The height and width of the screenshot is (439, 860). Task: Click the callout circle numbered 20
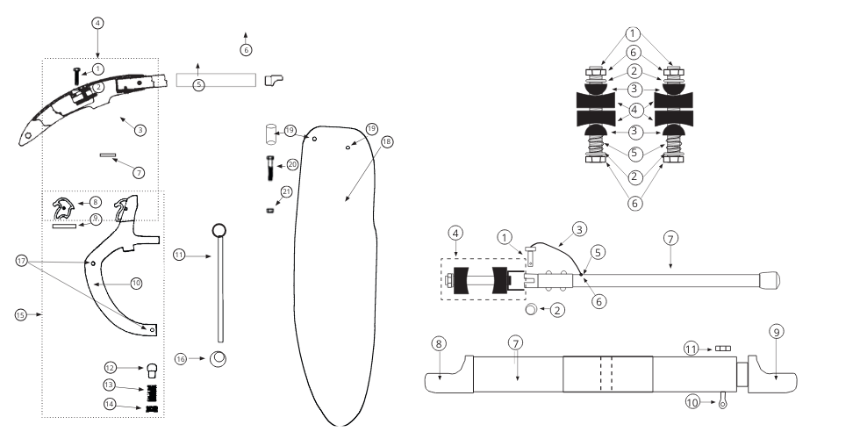tap(292, 165)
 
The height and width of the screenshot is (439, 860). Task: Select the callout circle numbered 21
tap(286, 191)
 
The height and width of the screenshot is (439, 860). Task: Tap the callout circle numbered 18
tap(387, 141)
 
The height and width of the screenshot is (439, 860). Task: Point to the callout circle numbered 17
tap(21, 262)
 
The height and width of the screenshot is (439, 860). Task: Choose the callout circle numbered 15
tap(20, 315)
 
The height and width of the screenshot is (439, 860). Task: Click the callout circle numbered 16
tap(181, 359)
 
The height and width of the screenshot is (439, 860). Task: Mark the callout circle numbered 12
tap(111, 368)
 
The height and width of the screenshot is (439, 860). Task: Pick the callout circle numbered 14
tap(111, 405)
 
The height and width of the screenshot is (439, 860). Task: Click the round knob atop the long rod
tap(219, 230)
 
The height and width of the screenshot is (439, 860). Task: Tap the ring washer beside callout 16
tap(219, 359)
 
